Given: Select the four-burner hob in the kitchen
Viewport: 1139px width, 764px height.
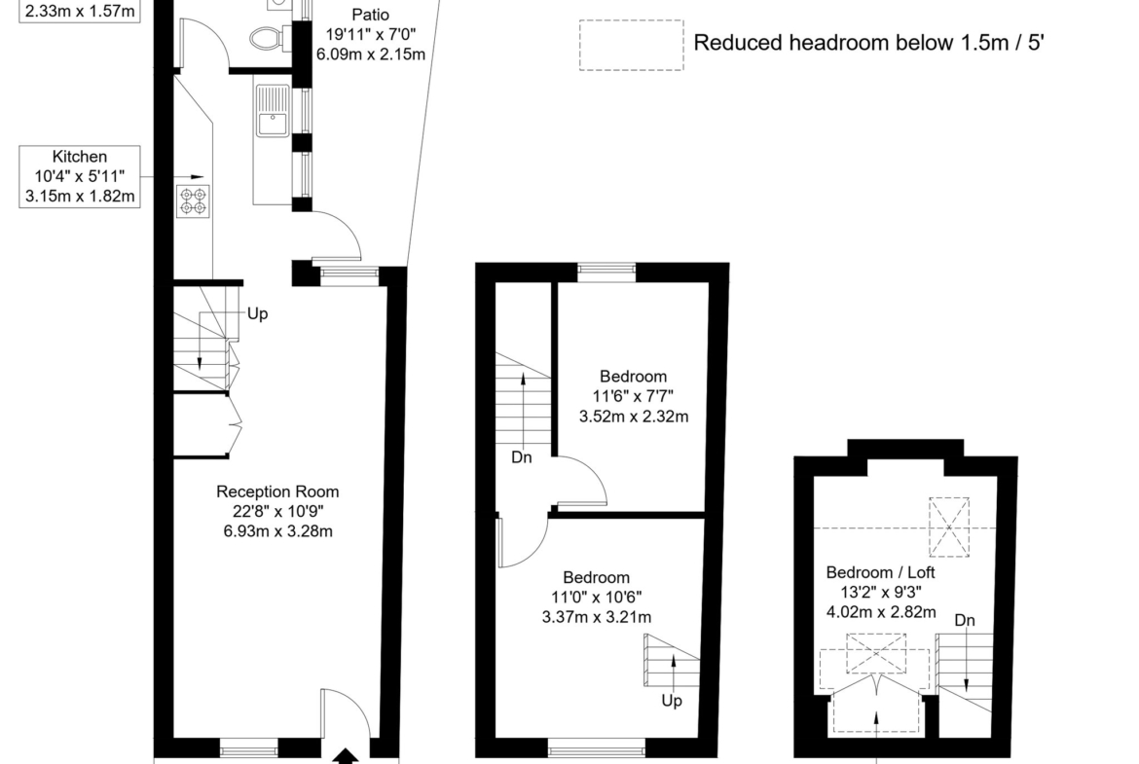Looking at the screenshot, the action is pos(194,201).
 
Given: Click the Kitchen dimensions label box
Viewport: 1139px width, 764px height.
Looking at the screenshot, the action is pos(80,176).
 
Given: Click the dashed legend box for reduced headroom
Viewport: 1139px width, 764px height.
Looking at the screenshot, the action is pos(631,45).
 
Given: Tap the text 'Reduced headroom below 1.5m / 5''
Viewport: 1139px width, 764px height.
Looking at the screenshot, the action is pos(868,43).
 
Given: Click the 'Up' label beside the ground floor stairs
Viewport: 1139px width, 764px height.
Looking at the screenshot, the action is pos(258,313).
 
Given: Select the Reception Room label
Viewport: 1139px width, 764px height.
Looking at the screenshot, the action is pos(277,511).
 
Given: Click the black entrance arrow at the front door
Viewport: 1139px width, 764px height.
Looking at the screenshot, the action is pos(346,757).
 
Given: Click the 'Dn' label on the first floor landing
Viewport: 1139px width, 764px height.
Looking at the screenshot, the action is pos(522,457).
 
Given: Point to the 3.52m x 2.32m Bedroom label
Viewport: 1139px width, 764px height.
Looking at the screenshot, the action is pos(634,396).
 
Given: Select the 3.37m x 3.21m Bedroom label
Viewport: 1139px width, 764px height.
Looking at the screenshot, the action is pos(597,597).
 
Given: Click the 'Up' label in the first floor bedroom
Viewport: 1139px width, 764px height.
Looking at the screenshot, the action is pos(672,701).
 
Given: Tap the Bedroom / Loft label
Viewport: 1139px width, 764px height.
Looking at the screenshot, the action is pos(881,592).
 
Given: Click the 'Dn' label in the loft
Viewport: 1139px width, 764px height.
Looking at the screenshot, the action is pos(965,620).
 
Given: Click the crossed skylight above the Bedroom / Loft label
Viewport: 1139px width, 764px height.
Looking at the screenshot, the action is pos(949,528).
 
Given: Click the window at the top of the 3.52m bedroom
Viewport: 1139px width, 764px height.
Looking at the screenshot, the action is pos(606,273).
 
